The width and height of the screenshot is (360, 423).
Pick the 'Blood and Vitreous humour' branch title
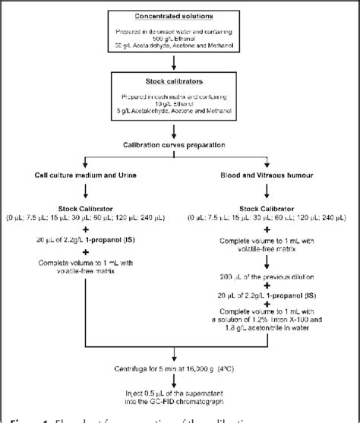click(x=267, y=174)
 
